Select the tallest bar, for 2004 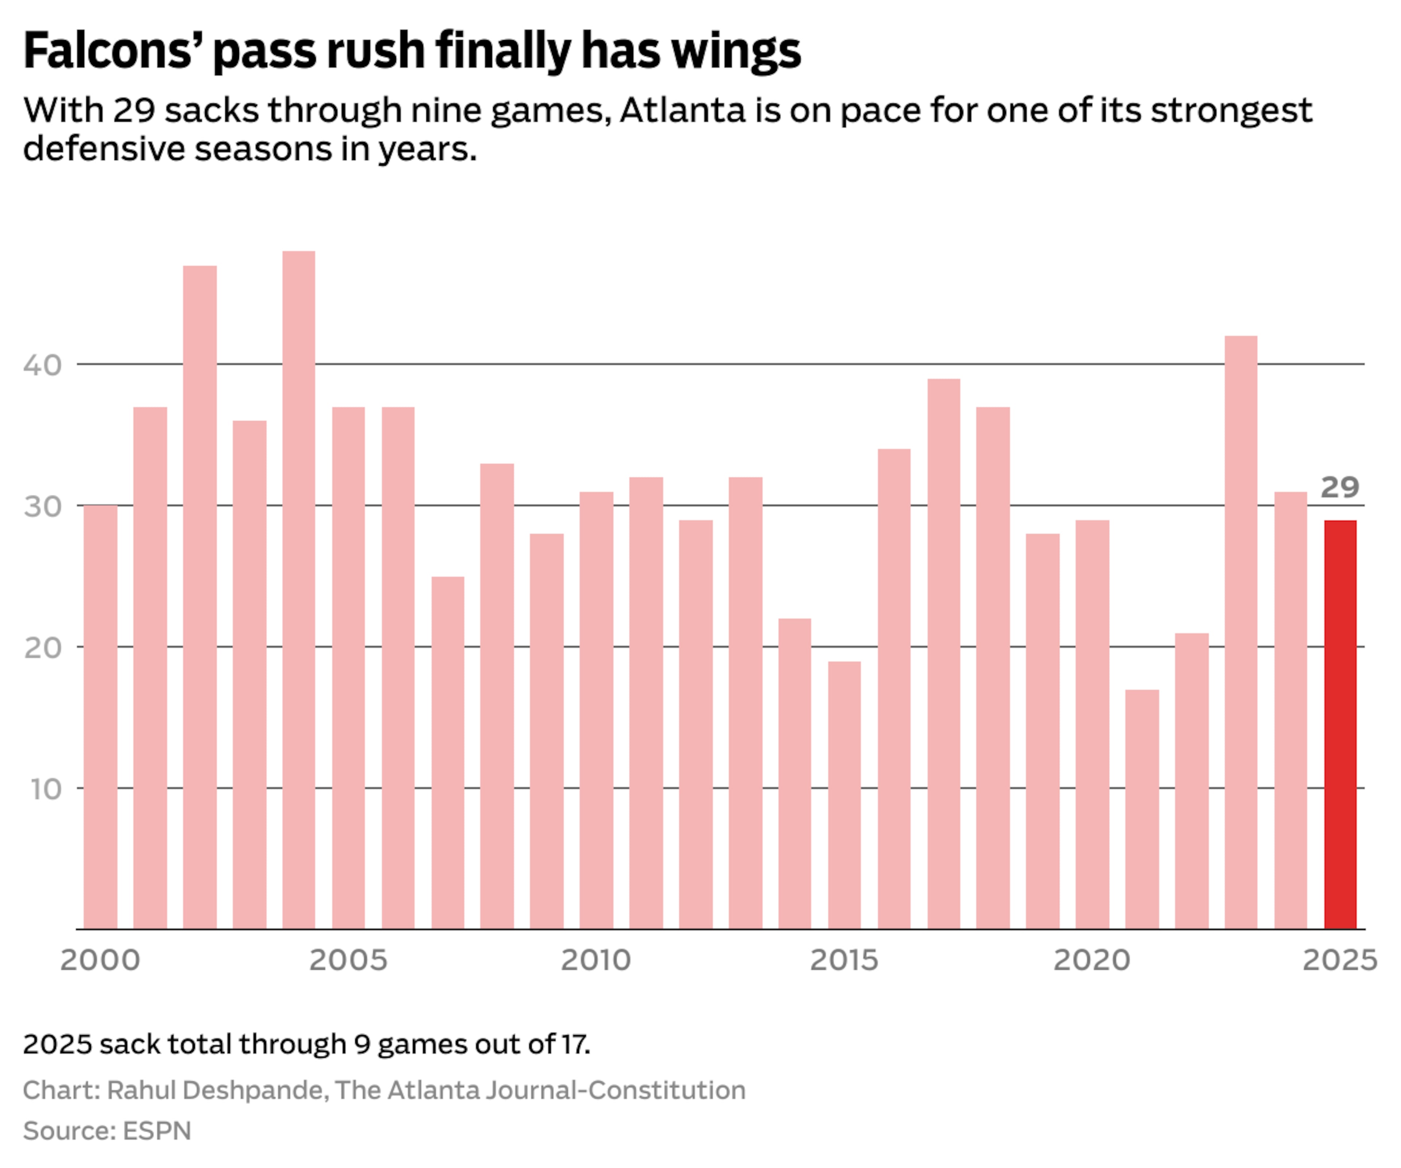click(x=299, y=590)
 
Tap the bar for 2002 click(x=200, y=597)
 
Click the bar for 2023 click(x=1241, y=633)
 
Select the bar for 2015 click(x=845, y=795)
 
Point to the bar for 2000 click(x=101, y=717)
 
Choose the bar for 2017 click(x=943, y=654)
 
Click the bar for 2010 click(x=597, y=711)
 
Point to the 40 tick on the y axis click(x=42, y=365)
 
